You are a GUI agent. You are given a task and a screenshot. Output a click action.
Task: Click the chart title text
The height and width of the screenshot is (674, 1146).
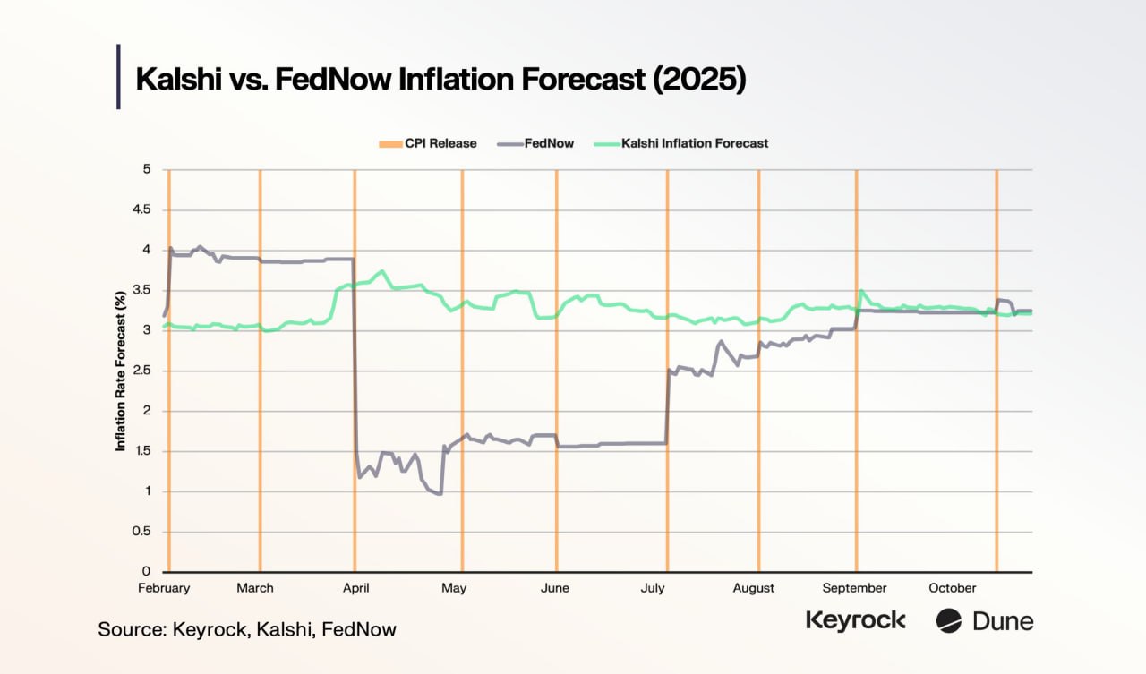coord(440,79)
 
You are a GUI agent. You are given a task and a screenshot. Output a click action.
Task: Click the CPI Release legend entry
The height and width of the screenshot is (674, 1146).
coord(428,143)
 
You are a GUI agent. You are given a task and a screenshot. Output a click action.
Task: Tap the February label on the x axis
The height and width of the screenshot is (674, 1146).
coord(164,588)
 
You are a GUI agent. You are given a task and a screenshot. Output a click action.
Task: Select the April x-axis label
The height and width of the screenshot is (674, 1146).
coord(356,588)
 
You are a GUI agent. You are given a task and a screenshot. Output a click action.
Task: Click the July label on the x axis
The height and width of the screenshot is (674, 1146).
coord(652,588)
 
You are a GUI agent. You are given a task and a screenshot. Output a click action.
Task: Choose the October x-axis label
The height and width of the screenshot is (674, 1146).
coord(953,588)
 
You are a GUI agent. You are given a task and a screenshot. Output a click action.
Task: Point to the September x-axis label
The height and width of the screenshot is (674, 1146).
coord(854,588)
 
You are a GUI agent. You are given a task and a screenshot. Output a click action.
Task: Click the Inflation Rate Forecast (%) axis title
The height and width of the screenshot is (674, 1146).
coord(120,371)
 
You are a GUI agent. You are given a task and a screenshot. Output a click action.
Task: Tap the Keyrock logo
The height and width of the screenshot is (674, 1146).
coord(856,620)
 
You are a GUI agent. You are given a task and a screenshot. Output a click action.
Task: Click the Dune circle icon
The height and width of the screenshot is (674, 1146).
coord(949,620)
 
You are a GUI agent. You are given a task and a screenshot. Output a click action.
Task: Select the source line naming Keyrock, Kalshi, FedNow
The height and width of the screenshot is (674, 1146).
coord(247,629)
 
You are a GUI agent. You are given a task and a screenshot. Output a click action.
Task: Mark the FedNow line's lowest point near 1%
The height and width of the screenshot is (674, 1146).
coord(440,493)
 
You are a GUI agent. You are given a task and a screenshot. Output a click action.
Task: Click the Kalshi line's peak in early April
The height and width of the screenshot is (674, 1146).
coord(383,270)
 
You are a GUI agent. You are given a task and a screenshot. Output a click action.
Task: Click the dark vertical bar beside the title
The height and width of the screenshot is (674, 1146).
coord(118,77)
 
